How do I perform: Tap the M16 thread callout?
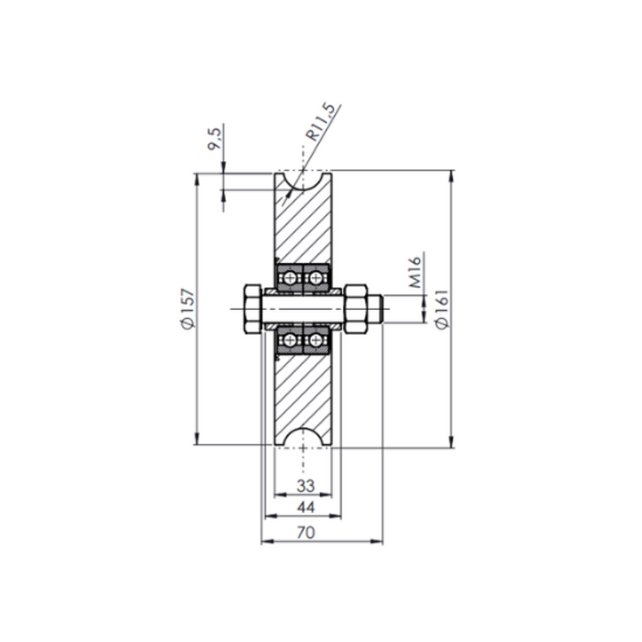click(x=412, y=271)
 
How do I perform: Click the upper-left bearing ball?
click(x=291, y=276)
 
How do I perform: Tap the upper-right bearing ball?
click(x=317, y=276)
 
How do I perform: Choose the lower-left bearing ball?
click(x=291, y=340)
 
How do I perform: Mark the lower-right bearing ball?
click(x=317, y=340)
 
